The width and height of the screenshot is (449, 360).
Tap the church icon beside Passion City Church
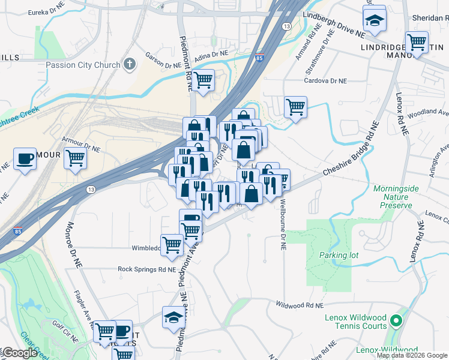pyautogui.click(x=130, y=64)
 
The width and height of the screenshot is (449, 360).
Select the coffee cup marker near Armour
pyautogui.click(x=25, y=159)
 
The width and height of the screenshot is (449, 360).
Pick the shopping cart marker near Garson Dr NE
pyautogui.click(x=203, y=79)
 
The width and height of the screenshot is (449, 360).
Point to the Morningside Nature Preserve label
pyautogui.click(x=393, y=197)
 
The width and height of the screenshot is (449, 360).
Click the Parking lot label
pyautogui.click(x=339, y=255)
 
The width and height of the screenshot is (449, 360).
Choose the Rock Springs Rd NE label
pyautogui.click(x=147, y=269)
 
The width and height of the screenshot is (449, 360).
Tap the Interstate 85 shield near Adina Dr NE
pyautogui.click(x=259, y=58)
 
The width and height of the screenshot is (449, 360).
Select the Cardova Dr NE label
pyautogui.click(x=326, y=80)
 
